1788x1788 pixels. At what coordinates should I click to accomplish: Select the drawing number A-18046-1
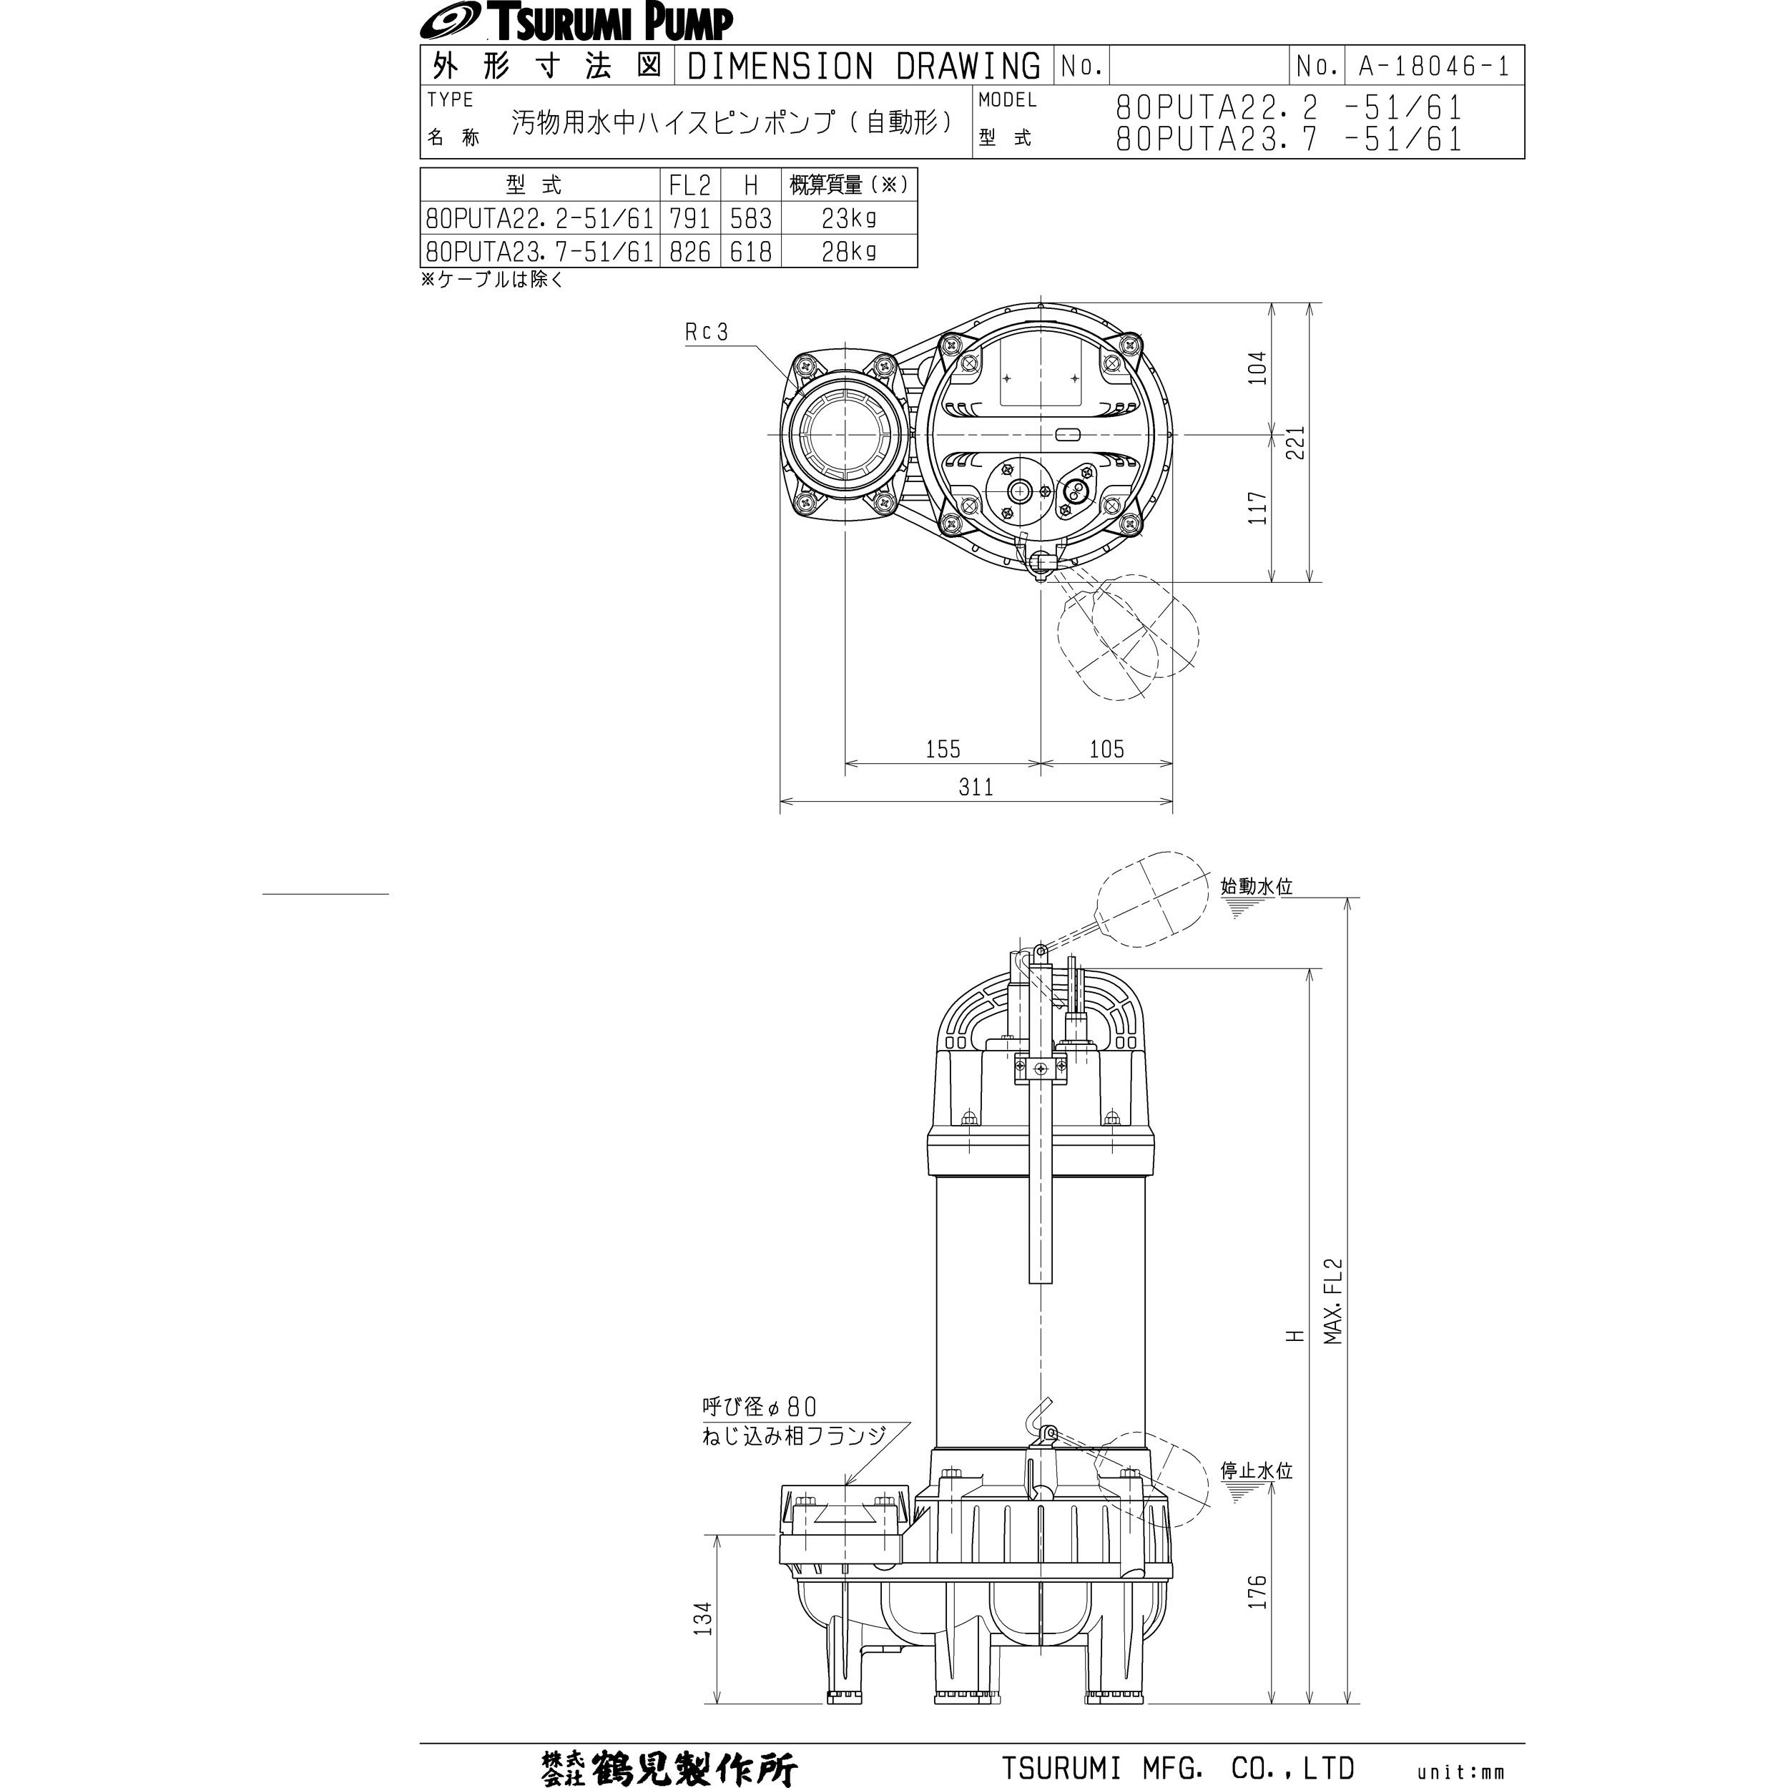click(1433, 66)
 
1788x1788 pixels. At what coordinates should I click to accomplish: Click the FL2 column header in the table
click(689, 185)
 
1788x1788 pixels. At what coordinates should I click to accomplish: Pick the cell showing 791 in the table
click(689, 218)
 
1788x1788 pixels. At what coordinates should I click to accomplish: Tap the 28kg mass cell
click(849, 252)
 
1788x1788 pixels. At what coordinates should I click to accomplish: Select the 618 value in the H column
click(750, 252)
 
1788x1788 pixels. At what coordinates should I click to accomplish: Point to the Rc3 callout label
click(707, 331)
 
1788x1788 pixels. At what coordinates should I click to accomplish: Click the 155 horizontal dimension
click(943, 749)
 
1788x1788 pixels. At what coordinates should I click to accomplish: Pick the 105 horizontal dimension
click(1107, 749)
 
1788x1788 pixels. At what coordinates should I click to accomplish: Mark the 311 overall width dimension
click(976, 787)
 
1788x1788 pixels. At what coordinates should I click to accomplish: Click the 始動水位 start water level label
click(1256, 885)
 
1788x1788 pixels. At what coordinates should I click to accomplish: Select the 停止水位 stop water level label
click(1256, 1470)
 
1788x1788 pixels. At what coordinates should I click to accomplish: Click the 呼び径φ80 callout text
click(759, 1407)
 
